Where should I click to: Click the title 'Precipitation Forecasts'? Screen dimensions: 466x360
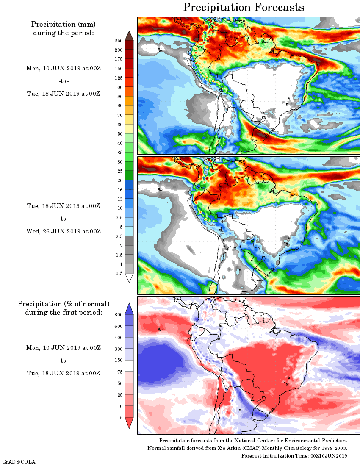[244, 7]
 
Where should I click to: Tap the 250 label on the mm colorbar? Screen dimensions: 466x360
[119, 41]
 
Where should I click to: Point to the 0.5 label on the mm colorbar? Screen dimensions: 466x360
[119, 273]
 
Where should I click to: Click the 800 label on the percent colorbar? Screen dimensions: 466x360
[119, 315]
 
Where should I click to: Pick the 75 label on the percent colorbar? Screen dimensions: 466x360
[119, 372]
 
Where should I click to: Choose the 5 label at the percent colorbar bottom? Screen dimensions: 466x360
[121, 417]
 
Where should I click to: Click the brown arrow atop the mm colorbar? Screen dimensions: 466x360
[129, 35]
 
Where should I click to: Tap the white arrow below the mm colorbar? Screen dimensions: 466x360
[129, 278]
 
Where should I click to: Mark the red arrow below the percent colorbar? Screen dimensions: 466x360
[129, 423]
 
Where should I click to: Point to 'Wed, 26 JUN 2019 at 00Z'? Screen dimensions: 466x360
[64, 231]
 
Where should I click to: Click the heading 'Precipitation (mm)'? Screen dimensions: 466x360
[64, 24]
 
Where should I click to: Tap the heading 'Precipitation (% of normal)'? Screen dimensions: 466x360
[64, 304]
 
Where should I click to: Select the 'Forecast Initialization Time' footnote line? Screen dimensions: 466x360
[294, 455]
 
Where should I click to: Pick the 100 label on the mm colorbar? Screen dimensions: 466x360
[119, 87]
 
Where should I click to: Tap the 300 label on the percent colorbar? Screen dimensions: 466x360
[119, 349]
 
